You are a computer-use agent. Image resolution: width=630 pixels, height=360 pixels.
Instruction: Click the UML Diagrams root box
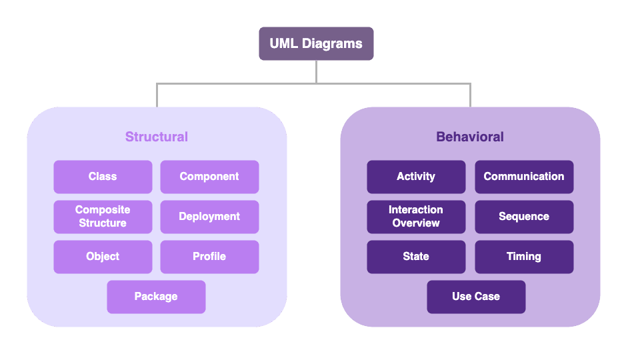click(x=316, y=44)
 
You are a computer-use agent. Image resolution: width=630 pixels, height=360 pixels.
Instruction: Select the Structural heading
click(x=157, y=137)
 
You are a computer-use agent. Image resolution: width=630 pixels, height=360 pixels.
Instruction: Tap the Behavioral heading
click(x=470, y=137)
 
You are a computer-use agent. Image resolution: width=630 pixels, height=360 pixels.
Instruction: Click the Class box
click(x=103, y=177)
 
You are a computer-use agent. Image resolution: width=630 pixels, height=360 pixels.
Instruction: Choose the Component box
click(x=209, y=177)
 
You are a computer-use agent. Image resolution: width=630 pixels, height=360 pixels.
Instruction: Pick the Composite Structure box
click(x=103, y=217)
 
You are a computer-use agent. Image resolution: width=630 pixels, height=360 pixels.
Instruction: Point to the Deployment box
click(x=209, y=217)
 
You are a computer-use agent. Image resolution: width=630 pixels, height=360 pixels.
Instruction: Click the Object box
click(x=103, y=257)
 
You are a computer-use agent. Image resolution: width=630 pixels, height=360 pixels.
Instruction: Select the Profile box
click(x=209, y=257)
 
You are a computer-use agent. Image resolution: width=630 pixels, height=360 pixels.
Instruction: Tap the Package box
click(x=156, y=297)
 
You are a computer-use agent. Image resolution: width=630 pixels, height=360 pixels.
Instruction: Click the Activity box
click(x=416, y=177)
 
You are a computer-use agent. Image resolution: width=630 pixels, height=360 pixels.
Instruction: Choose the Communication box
click(x=524, y=177)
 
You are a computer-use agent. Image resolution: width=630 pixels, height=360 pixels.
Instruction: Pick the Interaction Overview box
click(x=416, y=217)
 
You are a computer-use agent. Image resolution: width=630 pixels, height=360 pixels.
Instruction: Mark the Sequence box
click(x=524, y=217)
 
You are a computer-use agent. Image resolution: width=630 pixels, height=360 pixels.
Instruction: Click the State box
click(x=416, y=257)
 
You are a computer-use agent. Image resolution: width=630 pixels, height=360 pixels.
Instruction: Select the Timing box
click(x=524, y=257)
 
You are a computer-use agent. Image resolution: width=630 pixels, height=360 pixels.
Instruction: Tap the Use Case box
click(x=476, y=297)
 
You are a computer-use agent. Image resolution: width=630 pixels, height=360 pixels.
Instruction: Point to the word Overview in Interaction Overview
click(x=416, y=223)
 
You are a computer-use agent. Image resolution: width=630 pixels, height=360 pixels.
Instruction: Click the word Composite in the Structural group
click(x=103, y=210)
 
